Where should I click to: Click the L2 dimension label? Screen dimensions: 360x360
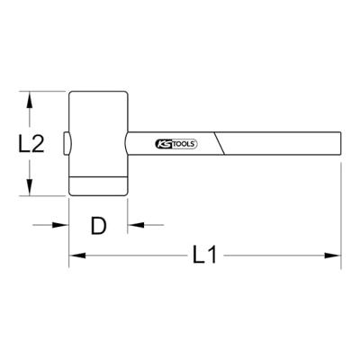point(32,143)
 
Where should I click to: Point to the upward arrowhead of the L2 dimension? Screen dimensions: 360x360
point(32,98)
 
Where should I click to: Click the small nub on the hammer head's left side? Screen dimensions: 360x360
point(66,143)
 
